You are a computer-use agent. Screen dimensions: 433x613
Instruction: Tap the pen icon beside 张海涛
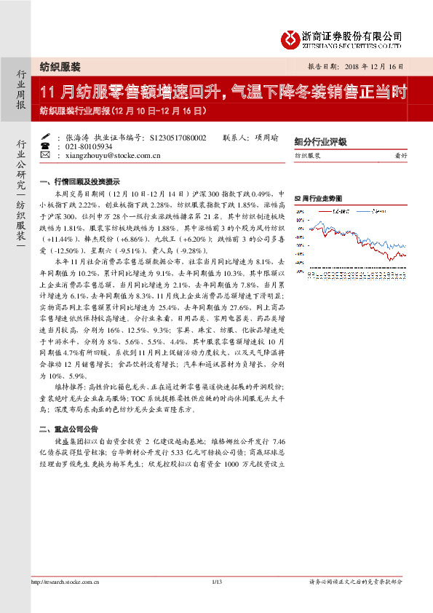pyautogui.click(x=47, y=137)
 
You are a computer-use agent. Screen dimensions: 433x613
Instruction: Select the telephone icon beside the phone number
pyautogui.click(x=47, y=146)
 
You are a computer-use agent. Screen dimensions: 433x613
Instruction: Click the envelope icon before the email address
pyautogui.click(x=47, y=155)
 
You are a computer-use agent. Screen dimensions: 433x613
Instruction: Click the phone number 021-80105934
pyautogui.click(x=86, y=146)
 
